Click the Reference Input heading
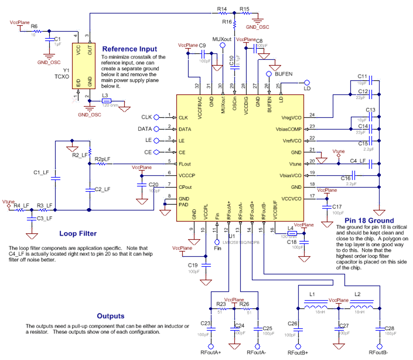(129, 49)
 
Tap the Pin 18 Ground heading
(366, 220)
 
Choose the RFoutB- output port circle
(380, 346)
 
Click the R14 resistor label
(221, 9)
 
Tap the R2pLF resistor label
(103, 159)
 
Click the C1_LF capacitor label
(41, 172)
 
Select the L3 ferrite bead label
(105, 95)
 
